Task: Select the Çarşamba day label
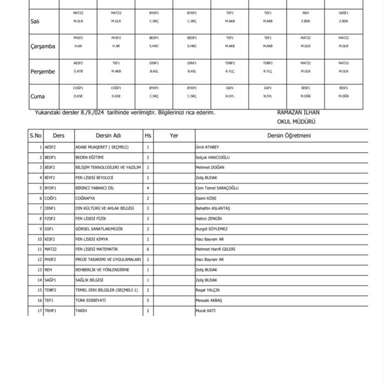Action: tap(42, 46)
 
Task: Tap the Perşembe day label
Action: tap(42, 71)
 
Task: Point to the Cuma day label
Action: tap(38, 96)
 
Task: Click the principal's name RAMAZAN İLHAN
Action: tap(298, 113)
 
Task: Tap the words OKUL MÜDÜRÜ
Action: tap(298, 121)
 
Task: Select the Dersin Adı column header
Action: tap(108, 135)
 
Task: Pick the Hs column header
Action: tap(148, 135)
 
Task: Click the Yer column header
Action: tap(174, 135)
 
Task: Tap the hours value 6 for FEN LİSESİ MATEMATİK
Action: tap(148, 249)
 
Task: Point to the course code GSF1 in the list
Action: tap(49, 228)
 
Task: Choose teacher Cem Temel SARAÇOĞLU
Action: tap(217, 188)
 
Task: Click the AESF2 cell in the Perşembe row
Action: tap(78, 63)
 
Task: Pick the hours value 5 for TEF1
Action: tap(148, 300)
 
